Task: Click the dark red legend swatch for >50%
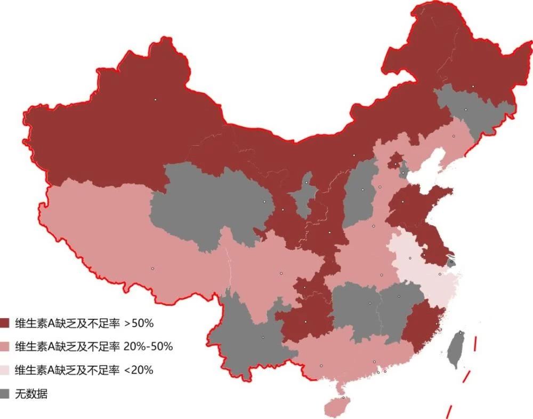click(5, 323)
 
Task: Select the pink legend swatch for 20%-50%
click(5, 346)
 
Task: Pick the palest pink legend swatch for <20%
click(5, 370)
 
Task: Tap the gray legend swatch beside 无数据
click(5, 394)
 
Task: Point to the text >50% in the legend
click(139, 323)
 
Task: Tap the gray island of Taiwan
click(456, 350)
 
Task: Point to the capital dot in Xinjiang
click(156, 99)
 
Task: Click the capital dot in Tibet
click(152, 268)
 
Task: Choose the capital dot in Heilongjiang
click(473, 86)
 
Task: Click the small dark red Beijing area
click(395, 160)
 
